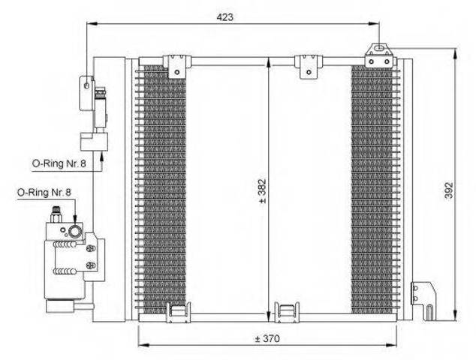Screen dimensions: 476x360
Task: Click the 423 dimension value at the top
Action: pyautogui.click(x=225, y=17)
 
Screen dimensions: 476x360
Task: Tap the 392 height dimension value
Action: pyautogui.click(x=449, y=190)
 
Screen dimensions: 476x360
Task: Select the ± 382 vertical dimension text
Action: pyautogui.click(x=262, y=191)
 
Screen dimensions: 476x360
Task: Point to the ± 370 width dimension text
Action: pyautogui.click(x=267, y=338)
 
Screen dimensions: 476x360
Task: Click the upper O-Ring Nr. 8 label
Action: pyautogui.click(x=59, y=163)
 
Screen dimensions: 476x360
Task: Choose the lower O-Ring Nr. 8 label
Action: pyautogui.click(x=44, y=192)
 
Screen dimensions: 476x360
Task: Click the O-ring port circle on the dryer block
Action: pyautogui.click(x=74, y=232)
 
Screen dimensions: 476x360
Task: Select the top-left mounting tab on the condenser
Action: pyautogui.click(x=177, y=66)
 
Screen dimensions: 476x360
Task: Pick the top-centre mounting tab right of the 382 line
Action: pyautogui.click(x=309, y=67)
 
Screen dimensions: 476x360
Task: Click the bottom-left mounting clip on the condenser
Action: pyautogui.click(x=178, y=313)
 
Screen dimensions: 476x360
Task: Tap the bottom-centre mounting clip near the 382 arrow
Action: pyautogui.click(x=287, y=313)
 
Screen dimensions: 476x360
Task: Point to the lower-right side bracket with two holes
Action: pyautogui.click(x=423, y=300)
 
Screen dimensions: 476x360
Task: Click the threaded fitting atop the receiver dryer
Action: pyautogui.click(x=56, y=214)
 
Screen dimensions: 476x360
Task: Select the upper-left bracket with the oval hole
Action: pyautogui.click(x=86, y=93)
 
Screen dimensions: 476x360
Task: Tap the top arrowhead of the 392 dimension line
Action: pyautogui.click(x=454, y=54)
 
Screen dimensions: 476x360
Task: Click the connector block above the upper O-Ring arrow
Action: pyautogui.click(x=94, y=142)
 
